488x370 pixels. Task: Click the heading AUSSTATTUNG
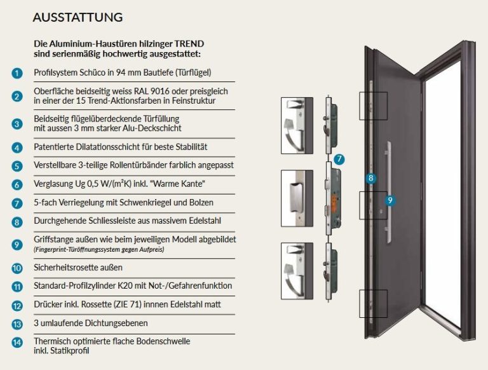click(78, 17)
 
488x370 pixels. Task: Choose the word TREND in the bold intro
click(189, 44)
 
